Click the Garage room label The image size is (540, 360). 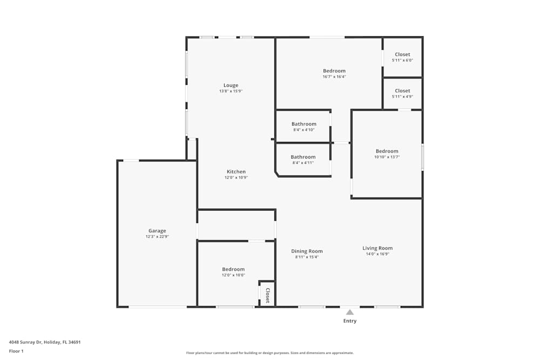[157, 230]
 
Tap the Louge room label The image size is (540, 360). [231, 85]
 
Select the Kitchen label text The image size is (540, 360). [236, 172]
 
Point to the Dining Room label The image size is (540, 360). [307, 251]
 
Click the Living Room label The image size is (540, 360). [377, 248]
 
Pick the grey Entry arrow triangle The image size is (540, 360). [350, 312]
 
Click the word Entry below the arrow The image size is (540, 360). [350, 321]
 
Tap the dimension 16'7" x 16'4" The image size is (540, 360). [334, 77]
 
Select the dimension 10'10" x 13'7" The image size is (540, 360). [387, 157]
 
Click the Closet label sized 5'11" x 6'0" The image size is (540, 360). [402, 55]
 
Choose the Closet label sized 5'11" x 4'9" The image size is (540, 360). [402, 91]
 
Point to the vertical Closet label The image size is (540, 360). [267, 295]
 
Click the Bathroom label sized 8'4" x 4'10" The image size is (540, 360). [303, 124]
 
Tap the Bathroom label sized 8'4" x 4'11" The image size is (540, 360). [303, 157]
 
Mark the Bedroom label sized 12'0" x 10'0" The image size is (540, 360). [233, 269]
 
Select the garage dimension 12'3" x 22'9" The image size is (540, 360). [157, 236]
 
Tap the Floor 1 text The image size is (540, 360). [16, 351]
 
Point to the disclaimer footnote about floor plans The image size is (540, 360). [269, 353]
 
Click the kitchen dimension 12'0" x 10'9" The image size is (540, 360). [236, 178]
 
